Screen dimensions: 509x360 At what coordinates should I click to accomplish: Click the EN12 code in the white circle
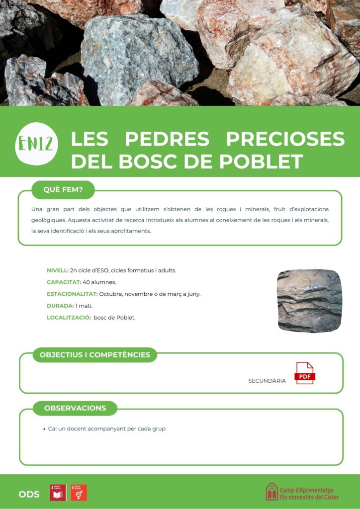37,144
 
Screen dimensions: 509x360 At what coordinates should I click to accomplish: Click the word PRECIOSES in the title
285,139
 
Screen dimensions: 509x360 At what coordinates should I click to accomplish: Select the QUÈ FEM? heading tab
63,189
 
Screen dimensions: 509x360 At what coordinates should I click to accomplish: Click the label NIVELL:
57,270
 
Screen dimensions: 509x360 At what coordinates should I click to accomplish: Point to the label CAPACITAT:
64,282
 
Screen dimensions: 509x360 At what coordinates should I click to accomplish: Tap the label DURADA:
60,306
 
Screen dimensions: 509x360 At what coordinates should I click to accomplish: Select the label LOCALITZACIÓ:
68,317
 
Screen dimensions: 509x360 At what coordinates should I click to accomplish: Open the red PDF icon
305,373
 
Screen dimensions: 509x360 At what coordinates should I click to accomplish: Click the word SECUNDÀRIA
267,381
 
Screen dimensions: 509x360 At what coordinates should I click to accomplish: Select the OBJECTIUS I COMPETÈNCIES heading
94,354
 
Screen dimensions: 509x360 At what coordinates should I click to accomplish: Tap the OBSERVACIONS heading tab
75,408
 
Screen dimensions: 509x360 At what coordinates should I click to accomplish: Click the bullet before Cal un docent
44,429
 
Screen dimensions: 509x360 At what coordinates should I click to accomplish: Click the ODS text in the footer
29,494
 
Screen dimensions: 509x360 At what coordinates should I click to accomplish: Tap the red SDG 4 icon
58,493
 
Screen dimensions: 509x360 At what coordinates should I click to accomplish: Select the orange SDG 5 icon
79,493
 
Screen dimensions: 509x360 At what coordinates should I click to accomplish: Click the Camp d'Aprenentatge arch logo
271,492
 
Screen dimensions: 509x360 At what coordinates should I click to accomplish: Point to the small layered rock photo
309,301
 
